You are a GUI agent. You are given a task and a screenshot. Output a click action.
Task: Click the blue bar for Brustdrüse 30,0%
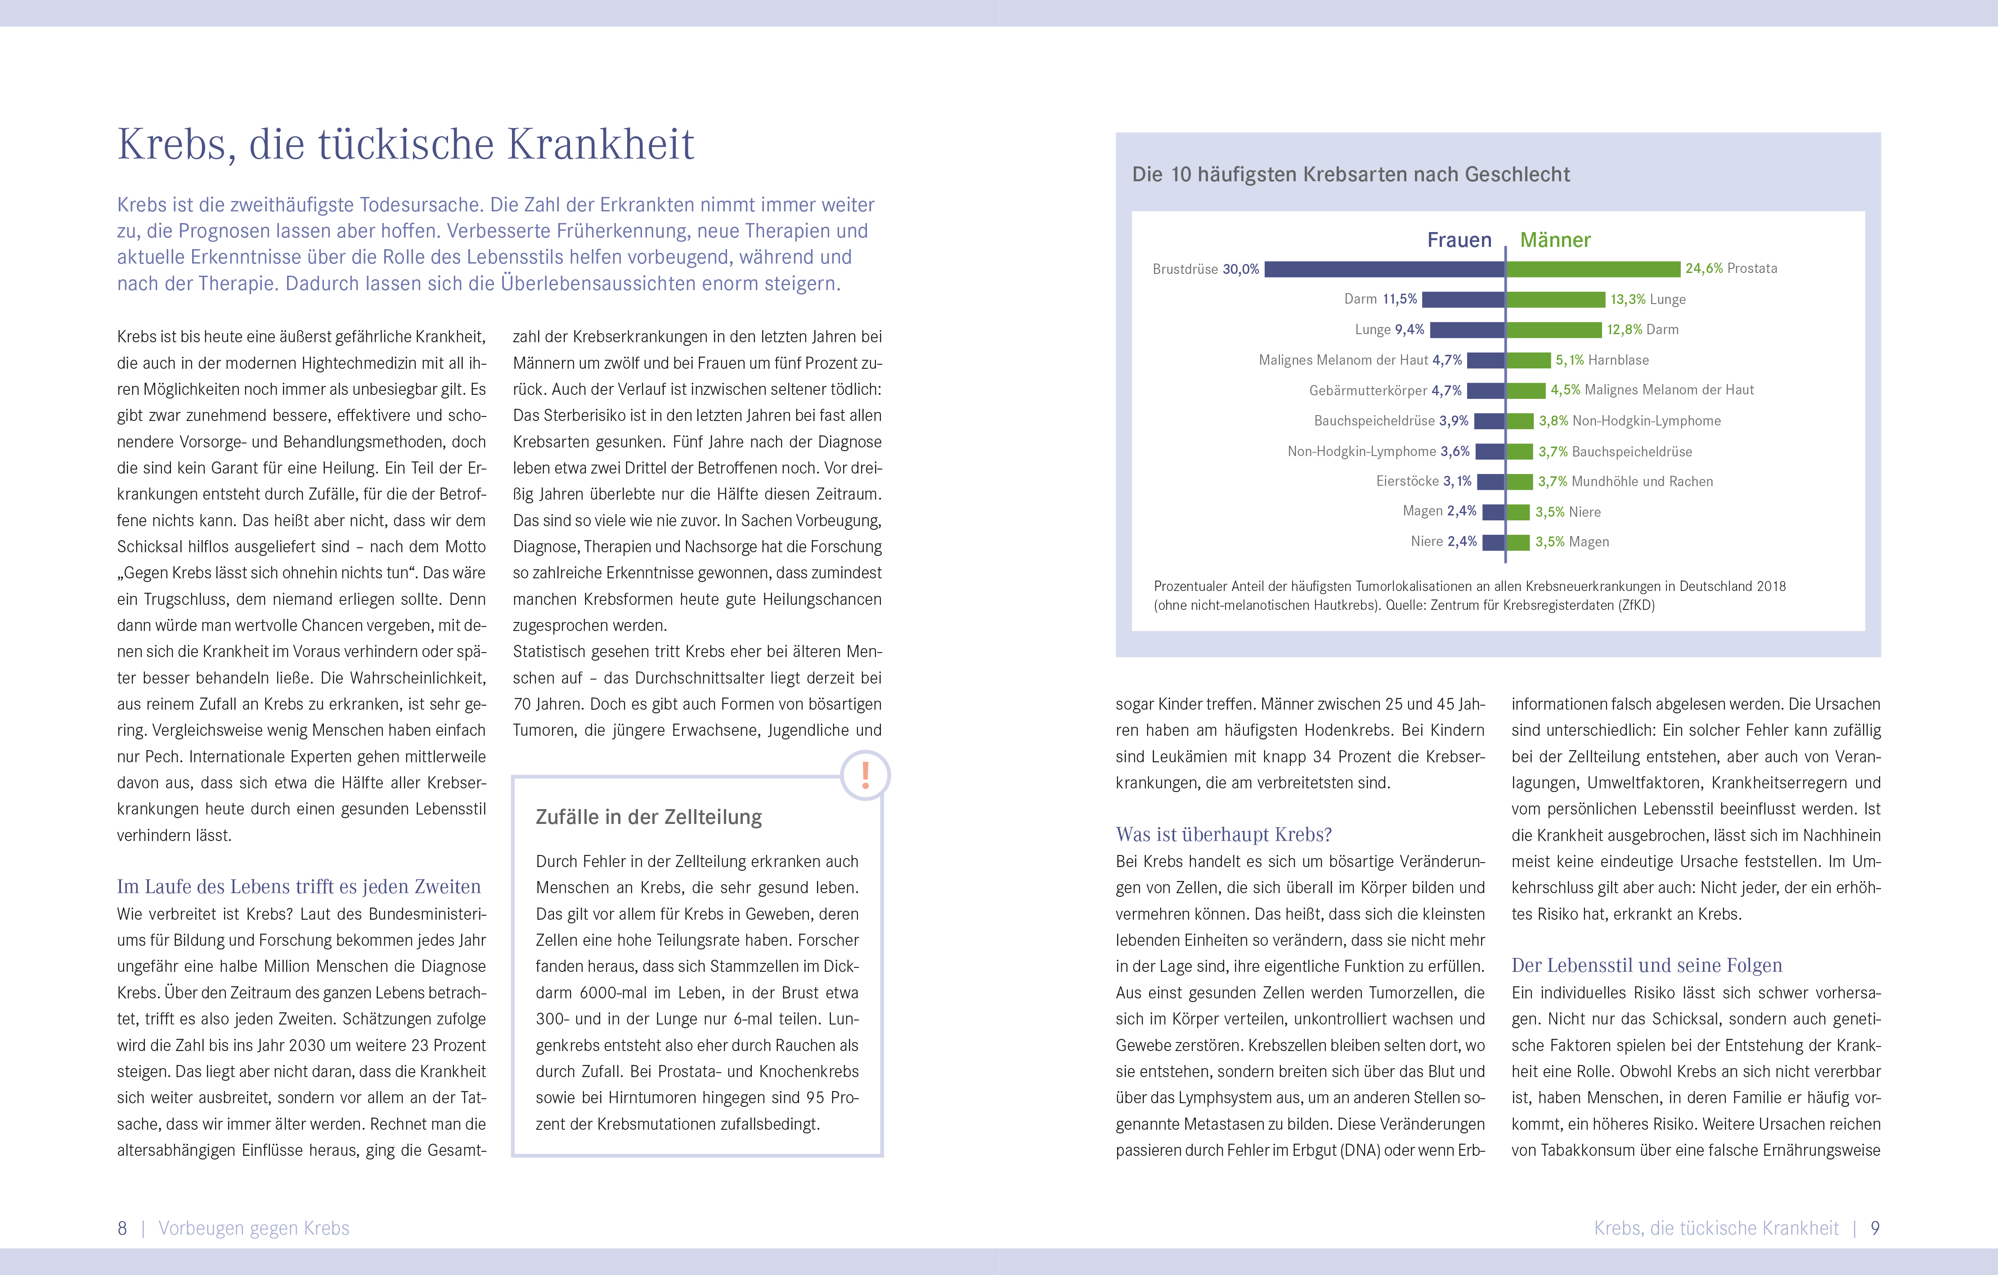click(1384, 269)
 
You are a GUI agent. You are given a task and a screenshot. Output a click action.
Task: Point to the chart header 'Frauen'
click(1459, 241)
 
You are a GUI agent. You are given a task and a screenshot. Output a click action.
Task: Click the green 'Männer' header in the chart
click(1555, 241)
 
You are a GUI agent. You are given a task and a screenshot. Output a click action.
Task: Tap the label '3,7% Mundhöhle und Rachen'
click(1625, 481)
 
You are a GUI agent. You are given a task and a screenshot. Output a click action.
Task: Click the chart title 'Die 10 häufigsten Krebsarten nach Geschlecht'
click(1351, 174)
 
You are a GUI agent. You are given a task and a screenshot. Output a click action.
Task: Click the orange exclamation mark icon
click(866, 775)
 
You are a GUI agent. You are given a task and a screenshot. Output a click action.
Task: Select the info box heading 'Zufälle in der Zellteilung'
click(649, 817)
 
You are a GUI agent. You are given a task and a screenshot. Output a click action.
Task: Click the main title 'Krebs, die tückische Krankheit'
click(406, 144)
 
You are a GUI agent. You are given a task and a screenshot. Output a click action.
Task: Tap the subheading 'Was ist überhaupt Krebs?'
click(1224, 835)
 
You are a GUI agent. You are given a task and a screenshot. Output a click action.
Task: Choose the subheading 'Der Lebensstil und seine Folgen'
click(1646, 966)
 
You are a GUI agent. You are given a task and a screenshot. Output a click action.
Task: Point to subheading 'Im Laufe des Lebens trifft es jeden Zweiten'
click(299, 887)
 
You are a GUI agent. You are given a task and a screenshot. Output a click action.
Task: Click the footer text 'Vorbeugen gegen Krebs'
click(254, 1229)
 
